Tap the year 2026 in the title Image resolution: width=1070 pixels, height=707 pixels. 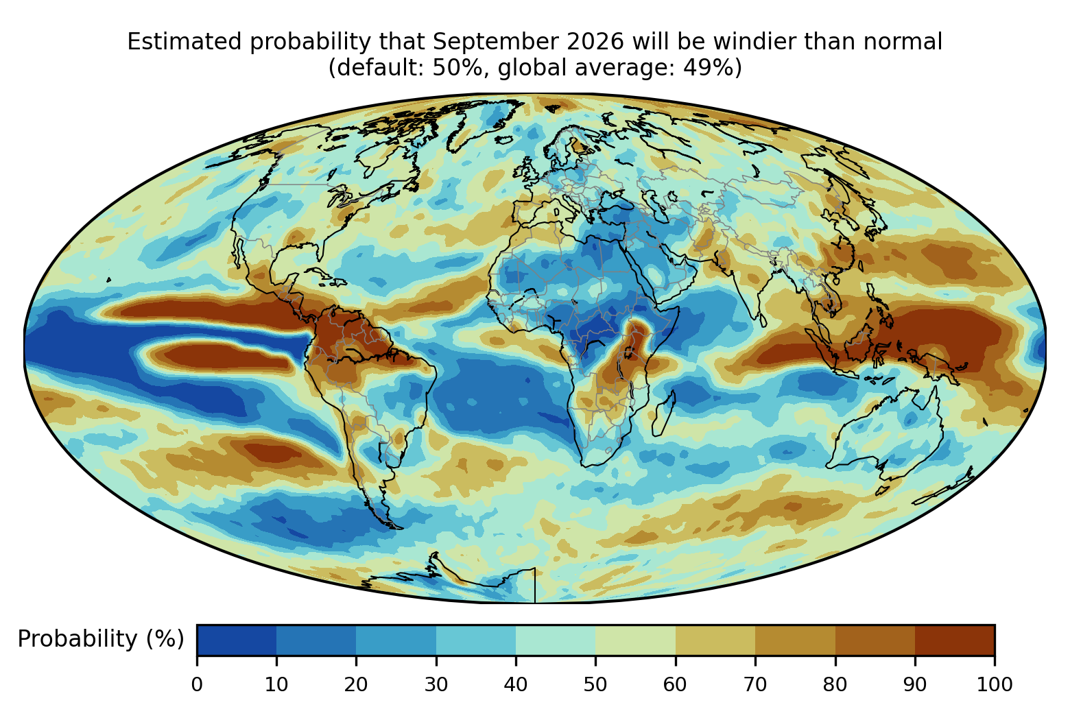tap(595, 42)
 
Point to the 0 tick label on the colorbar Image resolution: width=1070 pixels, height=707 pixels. tap(197, 684)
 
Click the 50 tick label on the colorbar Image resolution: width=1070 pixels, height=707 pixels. tap(595, 684)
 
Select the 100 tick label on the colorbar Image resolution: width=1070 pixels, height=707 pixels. tap(995, 684)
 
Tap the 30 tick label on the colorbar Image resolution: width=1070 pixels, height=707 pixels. tap(436, 684)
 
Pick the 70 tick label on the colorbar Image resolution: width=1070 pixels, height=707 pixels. tap(755, 684)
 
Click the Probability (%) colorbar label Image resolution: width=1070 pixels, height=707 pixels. tap(101, 639)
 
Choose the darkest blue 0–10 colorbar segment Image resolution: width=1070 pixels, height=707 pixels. tap(237, 640)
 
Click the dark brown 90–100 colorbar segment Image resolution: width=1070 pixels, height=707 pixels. tap(955, 640)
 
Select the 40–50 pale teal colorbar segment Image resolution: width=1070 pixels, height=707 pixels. tap(556, 640)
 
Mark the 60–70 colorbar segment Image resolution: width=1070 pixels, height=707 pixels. tap(715, 640)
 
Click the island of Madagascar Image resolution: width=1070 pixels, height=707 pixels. tap(663, 415)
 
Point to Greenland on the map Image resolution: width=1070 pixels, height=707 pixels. tap(482, 122)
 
